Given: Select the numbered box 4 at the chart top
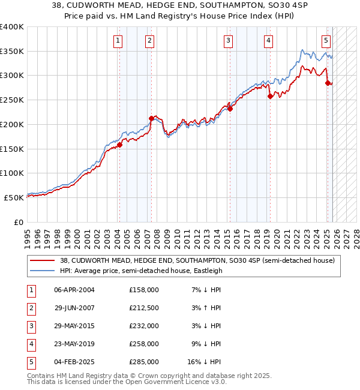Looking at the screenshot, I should coord(268,41).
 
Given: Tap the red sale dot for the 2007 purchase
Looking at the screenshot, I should coord(151,118).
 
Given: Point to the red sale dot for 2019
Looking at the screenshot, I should coord(270,96).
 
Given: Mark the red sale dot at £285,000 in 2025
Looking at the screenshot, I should coord(328,83).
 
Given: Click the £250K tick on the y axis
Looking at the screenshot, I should coord(12,100).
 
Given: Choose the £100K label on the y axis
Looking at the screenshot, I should coord(12,173).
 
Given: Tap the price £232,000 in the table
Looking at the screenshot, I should coord(144,326).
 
